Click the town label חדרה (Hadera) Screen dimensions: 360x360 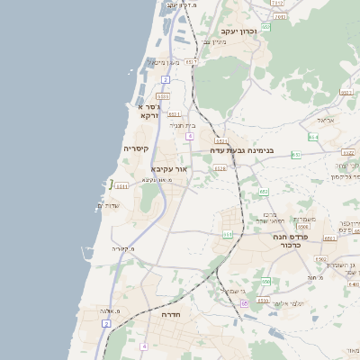tap(171, 315)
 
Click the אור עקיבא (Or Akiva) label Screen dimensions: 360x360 tap(170, 168)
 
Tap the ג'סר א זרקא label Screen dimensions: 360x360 tap(149, 112)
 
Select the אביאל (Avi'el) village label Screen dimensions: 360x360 tap(326, 120)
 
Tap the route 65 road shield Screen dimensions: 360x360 tap(243, 304)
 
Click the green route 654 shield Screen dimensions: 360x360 tap(312, 137)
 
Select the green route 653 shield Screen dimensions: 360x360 tap(295, 155)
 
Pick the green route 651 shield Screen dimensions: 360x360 tap(228, 234)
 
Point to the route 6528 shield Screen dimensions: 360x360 tap(220, 167)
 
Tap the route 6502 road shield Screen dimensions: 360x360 tap(319, 259)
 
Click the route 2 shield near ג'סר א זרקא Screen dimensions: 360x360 tap(166, 79)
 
